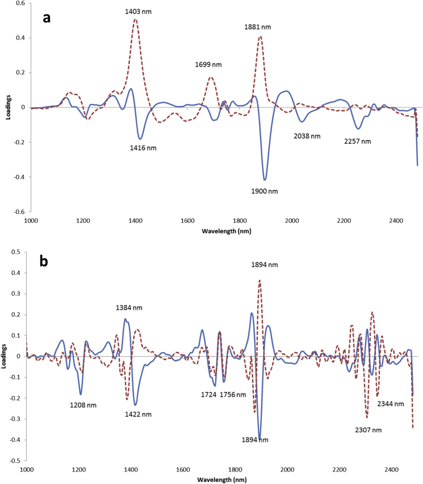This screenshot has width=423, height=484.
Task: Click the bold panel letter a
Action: [48, 18]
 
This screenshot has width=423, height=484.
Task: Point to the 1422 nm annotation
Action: [137, 414]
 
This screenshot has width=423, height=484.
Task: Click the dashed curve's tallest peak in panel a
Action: [135, 20]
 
